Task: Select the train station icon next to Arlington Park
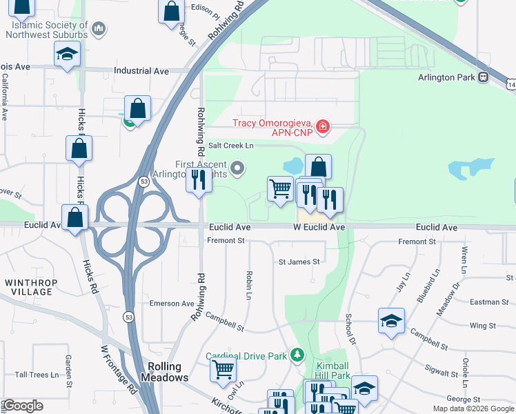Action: click(x=484, y=77)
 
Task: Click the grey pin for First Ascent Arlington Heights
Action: click(x=238, y=168)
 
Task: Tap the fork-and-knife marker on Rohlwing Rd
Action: click(x=198, y=181)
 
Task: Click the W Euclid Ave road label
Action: click(x=319, y=227)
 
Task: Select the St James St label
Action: click(x=299, y=262)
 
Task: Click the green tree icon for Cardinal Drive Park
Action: click(x=297, y=355)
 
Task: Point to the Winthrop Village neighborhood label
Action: click(x=28, y=288)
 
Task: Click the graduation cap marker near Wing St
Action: click(x=391, y=320)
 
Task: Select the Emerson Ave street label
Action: click(x=172, y=304)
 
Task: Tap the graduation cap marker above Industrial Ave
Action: click(x=68, y=54)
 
